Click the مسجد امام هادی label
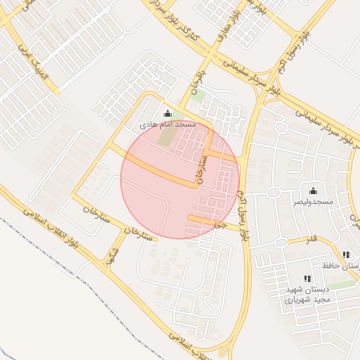point(167,124)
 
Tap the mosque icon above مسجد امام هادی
point(167,114)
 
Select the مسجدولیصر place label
point(312,201)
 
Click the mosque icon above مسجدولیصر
point(312,191)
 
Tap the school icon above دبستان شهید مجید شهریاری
point(307,279)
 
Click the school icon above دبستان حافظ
point(345,255)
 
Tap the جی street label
point(222,226)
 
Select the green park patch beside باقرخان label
point(199,95)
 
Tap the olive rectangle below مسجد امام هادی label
point(165,136)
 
